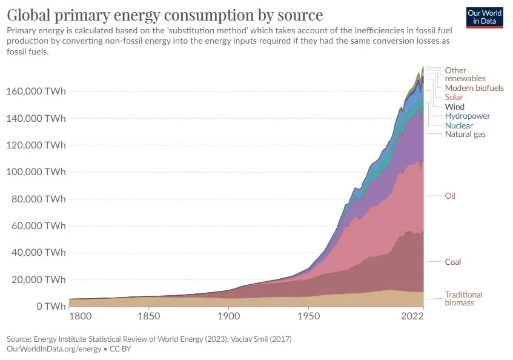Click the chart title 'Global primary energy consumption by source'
165,15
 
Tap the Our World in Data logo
485,18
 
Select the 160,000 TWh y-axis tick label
36,91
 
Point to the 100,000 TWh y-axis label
36,172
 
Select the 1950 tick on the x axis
308,316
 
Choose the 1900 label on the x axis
228,316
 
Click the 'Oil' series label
449,196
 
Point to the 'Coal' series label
452,262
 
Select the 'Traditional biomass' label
463,298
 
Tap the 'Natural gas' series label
465,134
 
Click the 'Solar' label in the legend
454,97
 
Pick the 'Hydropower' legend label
467,116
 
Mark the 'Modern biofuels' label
474,88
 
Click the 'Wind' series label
454,107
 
